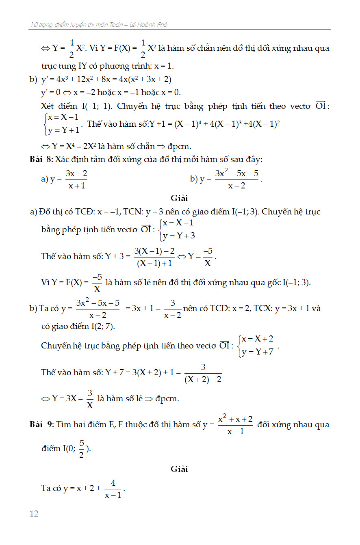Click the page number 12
pos(34,514)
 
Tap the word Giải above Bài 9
pos(179,469)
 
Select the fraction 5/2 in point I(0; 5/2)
pos(81,449)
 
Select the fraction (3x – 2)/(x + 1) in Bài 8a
pos(77,180)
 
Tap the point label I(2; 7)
pos(98,326)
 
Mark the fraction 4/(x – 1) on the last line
pos(113,489)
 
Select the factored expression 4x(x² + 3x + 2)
pos(144,79)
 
